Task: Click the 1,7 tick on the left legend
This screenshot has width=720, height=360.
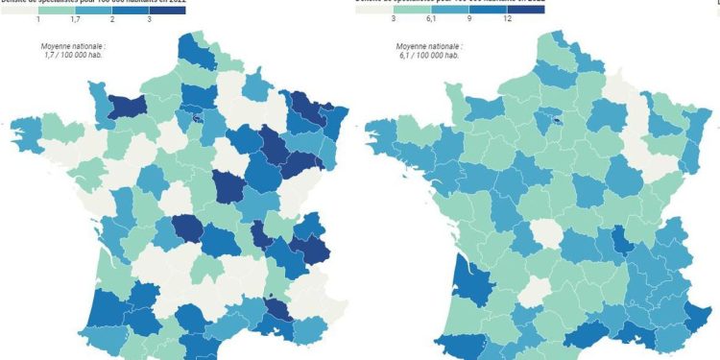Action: click(75, 19)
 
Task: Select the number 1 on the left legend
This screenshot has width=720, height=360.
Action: click(37, 19)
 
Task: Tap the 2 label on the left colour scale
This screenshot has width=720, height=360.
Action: click(112, 19)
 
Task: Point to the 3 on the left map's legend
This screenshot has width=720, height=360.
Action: click(149, 19)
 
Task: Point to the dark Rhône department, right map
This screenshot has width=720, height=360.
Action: click(625, 240)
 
